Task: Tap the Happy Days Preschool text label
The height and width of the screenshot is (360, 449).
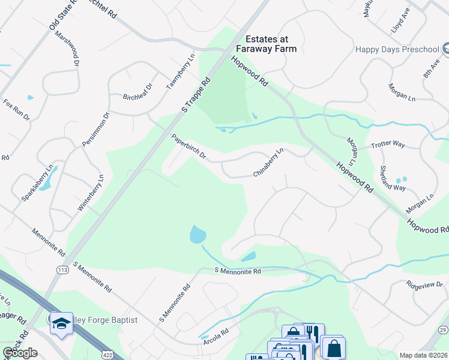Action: [397, 49]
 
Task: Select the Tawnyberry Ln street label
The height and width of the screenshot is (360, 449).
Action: [181, 73]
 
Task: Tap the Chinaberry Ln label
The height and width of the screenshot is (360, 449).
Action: [268, 163]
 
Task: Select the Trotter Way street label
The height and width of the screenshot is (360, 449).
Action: [388, 144]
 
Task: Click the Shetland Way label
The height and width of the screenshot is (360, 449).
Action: [393, 178]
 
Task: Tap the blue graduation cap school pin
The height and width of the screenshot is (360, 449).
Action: [61, 323]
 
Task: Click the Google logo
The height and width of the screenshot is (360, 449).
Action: [20, 353]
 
